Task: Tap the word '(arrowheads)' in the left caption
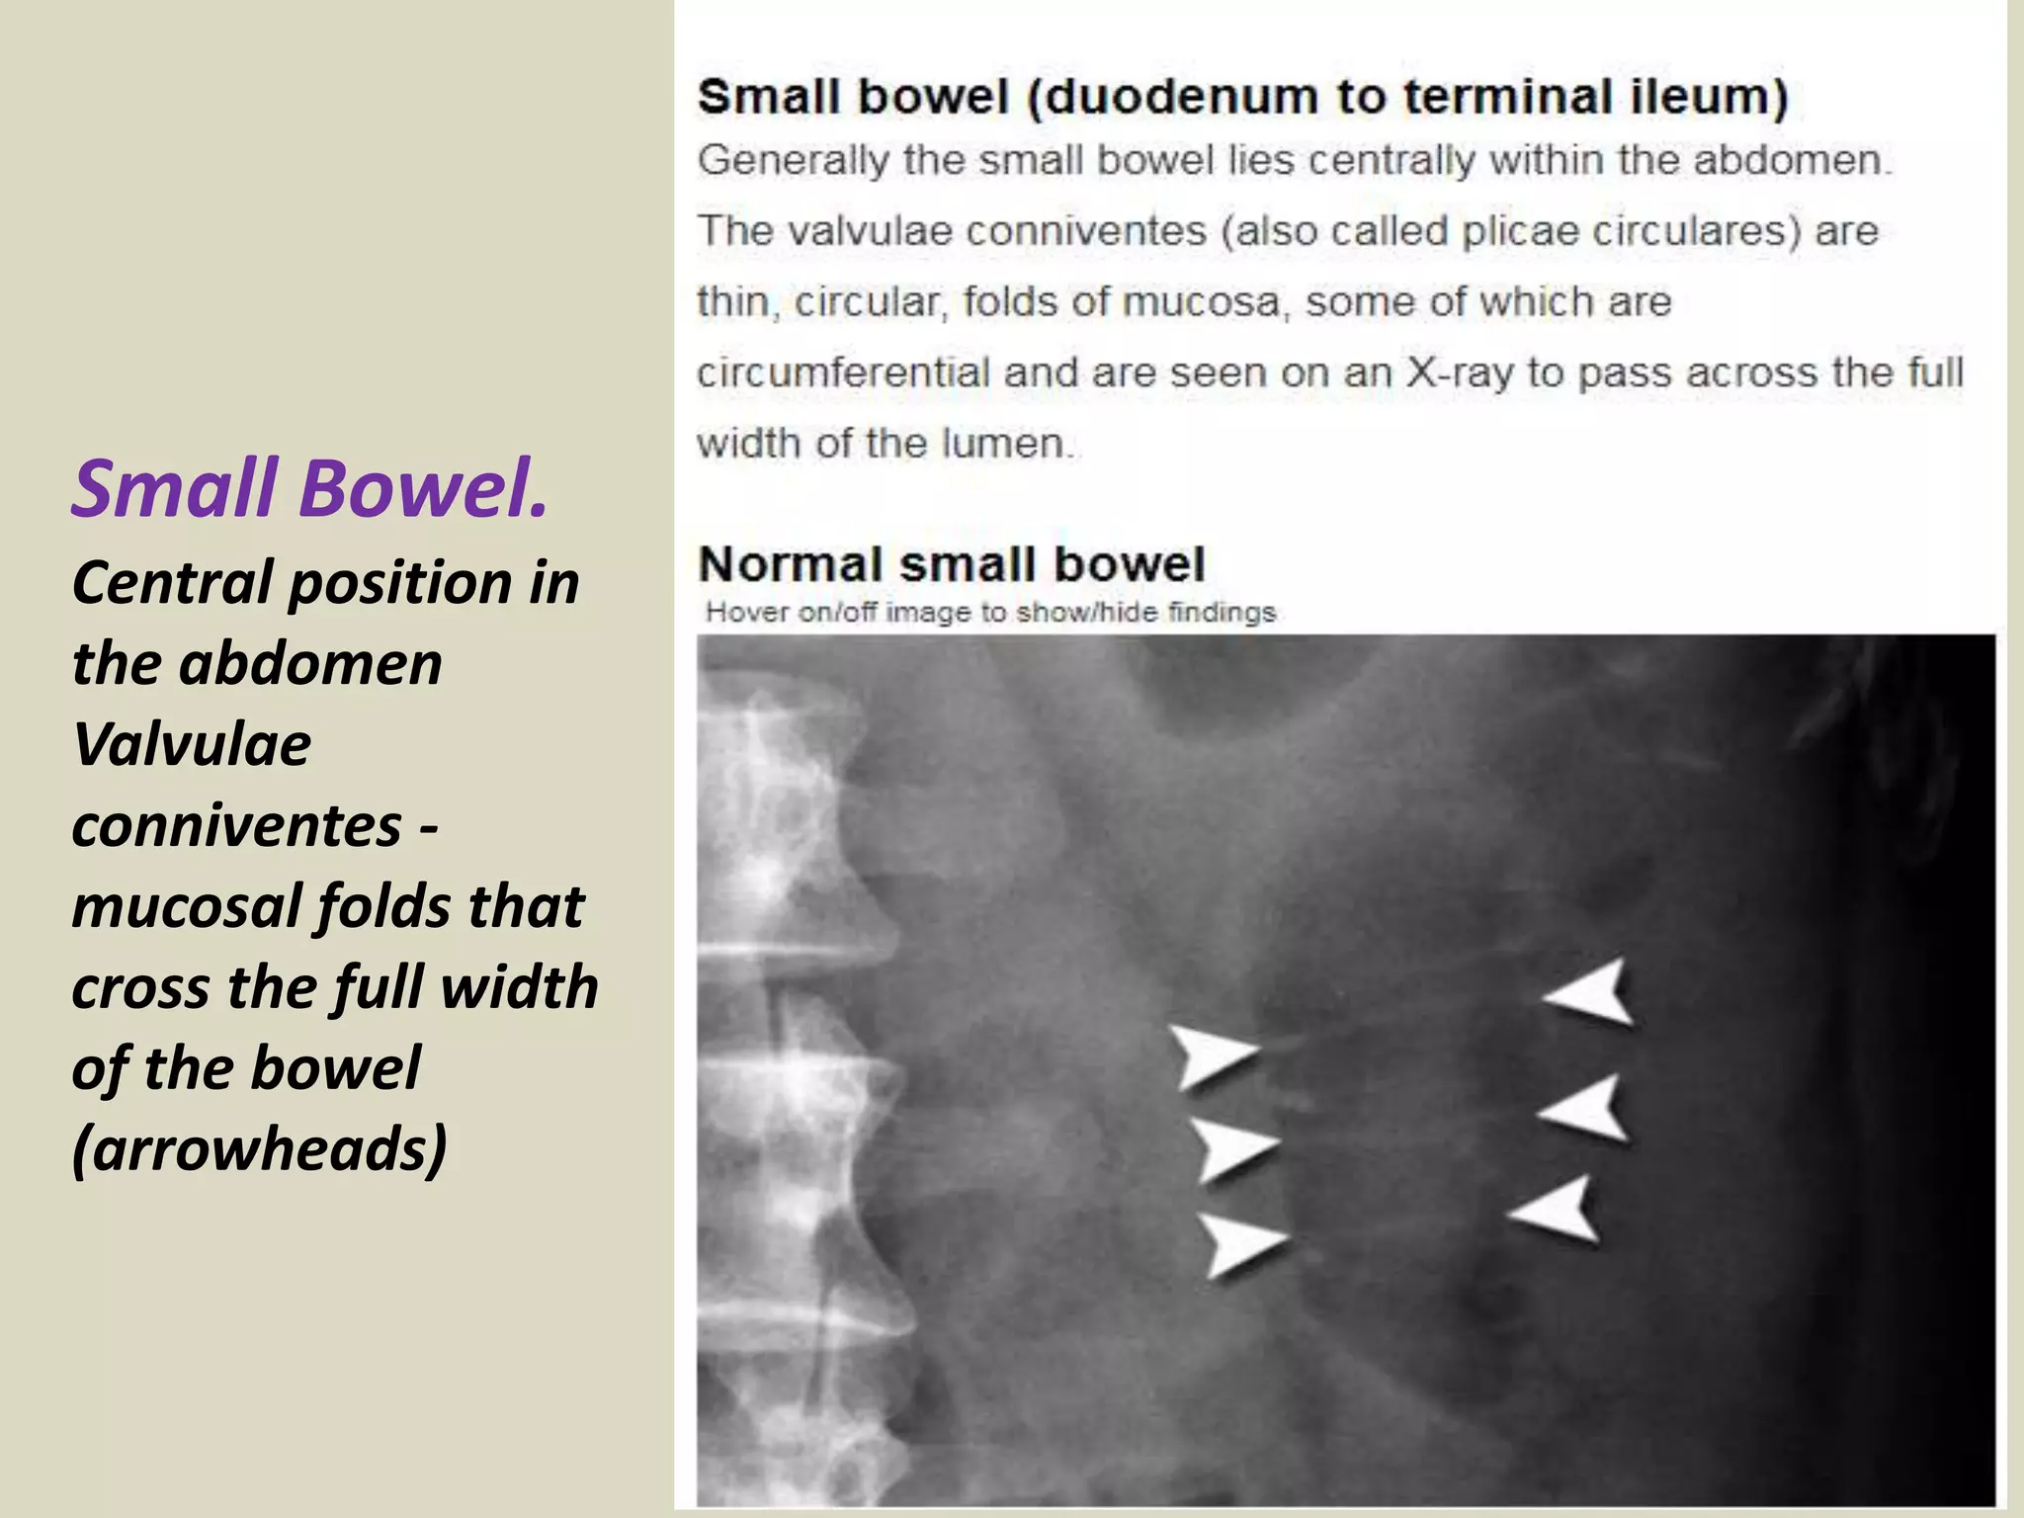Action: click(260, 1148)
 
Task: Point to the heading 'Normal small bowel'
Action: click(951, 564)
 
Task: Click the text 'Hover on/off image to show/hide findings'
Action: click(990, 613)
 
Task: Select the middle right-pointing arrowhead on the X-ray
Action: click(1233, 1148)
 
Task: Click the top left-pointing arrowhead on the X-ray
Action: click(1592, 992)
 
